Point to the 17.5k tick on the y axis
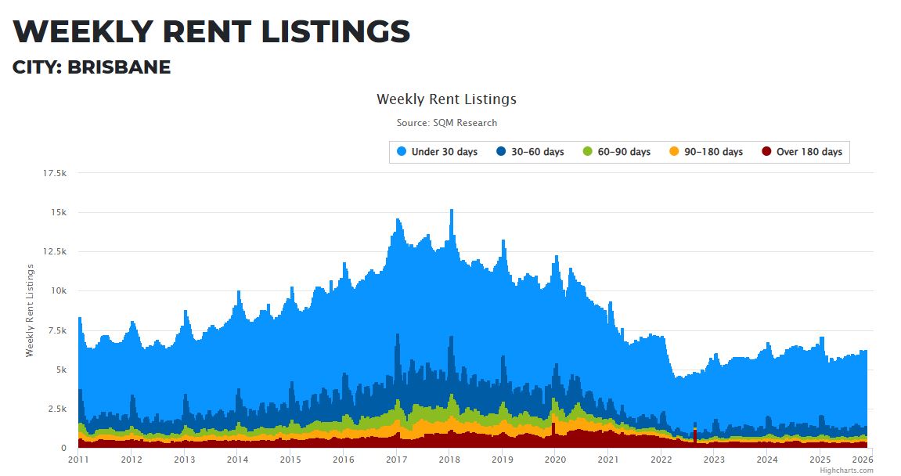(x=55, y=173)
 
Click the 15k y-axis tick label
(x=59, y=212)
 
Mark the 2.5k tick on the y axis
(x=57, y=409)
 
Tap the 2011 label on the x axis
(x=78, y=460)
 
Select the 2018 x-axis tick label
(x=449, y=460)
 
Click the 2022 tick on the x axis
(x=661, y=460)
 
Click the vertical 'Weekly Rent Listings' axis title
(x=31, y=311)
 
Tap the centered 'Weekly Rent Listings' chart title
(x=446, y=99)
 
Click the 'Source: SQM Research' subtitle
(x=446, y=123)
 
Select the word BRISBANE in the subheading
(x=119, y=67)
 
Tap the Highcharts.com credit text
(x=846, y=471)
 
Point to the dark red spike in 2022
(x=694, y=435)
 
